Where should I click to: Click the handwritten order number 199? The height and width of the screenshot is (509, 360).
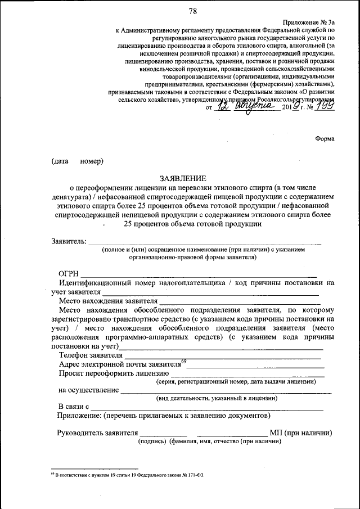click(x=325, y=106)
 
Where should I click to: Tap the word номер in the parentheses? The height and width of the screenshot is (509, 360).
click(x=91, y=161)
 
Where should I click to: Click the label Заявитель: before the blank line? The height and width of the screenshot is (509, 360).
click(x=69, y=241)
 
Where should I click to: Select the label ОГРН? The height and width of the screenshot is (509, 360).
click(x=68, y=273)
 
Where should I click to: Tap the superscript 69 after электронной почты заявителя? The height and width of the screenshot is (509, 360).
click(x=183, y=361)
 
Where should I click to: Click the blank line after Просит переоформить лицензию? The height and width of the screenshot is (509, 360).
click(x=247, y=374)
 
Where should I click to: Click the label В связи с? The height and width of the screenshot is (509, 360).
click(x=74, y=406)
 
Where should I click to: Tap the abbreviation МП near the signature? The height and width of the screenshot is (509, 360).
click(x=276, y=433)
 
